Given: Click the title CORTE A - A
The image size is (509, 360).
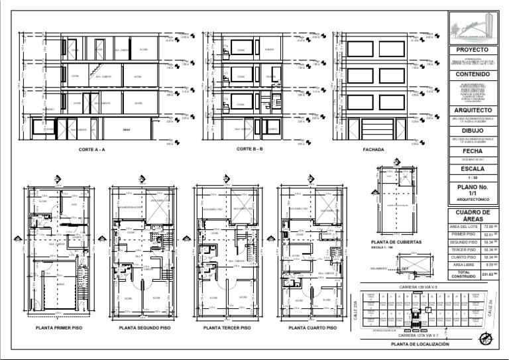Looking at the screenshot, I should (x=92, y=150).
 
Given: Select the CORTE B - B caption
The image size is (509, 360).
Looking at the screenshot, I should (x=250, y=149).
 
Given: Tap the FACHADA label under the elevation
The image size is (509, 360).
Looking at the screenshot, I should (x=373, y=150).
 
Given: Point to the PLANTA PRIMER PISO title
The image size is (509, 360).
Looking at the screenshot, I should (x=58, y=328).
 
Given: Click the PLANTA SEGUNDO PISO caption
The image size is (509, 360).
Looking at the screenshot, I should (x=144, y=328).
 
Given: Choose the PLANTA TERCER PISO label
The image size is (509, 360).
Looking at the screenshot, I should (x=227, y=328).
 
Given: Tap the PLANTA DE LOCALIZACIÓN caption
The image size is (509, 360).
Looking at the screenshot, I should (x=420, y=345).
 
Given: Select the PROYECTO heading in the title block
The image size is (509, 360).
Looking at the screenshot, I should (x=473, y=50).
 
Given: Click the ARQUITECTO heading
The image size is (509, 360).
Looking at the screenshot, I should (x=473, y=110).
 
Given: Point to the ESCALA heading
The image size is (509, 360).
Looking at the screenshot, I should (x=473, y=168).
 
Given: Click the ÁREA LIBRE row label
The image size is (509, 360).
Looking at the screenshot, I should (x=463, y=264).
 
